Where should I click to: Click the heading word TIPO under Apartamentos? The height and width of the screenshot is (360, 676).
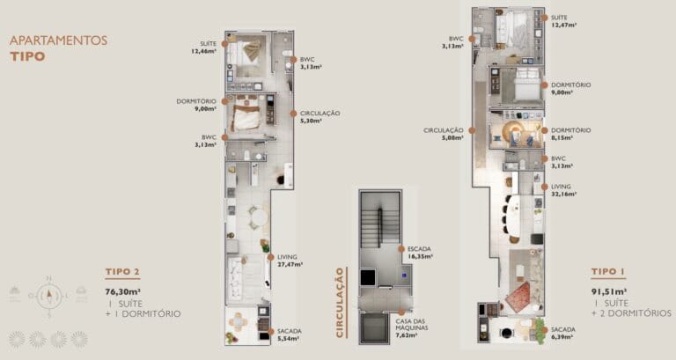click(26, 56)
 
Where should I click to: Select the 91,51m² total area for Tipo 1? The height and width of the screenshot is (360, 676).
click(609, 290)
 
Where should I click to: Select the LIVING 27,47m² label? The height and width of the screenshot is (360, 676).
click(289, 260)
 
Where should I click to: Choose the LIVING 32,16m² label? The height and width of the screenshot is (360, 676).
click(564, 190)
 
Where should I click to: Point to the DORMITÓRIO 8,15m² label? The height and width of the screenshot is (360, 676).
click(569, 133)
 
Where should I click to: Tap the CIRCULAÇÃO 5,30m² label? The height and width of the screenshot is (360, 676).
click(320, 118)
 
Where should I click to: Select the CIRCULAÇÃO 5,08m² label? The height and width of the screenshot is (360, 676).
click(443, 133)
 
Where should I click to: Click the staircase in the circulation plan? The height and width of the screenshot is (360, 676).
click(379, 228)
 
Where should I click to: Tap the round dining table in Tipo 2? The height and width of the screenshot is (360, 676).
click(255, 216)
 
